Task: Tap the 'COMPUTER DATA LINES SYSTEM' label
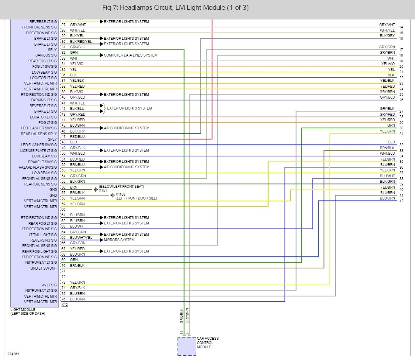point(130,55)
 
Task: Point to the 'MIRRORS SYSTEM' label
point(119,240)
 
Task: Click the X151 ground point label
point(103,191)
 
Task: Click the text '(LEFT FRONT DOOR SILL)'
point(136,198)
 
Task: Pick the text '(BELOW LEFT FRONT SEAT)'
point(124,186)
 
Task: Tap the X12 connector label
point(65,305)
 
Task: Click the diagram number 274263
point(13,354)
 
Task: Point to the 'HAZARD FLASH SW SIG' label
point(38,167)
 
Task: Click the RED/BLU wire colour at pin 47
point(77,137)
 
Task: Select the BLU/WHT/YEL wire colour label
point(81,238)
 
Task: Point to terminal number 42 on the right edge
point(401,201)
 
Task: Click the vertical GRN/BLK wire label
point(181,316)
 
